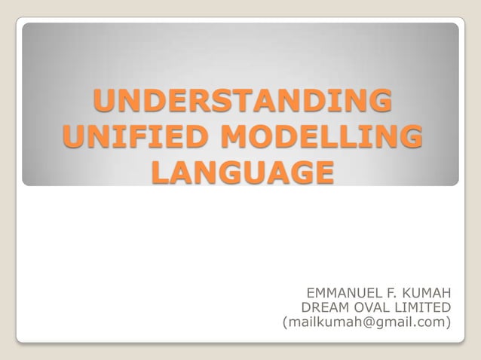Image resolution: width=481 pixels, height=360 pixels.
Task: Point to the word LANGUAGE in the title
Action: coord(241,173)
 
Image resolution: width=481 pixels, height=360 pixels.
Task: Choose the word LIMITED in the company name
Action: coord(423,307)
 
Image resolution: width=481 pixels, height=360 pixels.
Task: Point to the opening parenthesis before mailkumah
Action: coord(284,324)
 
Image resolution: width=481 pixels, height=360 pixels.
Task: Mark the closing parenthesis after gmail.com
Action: coord(449,324)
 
